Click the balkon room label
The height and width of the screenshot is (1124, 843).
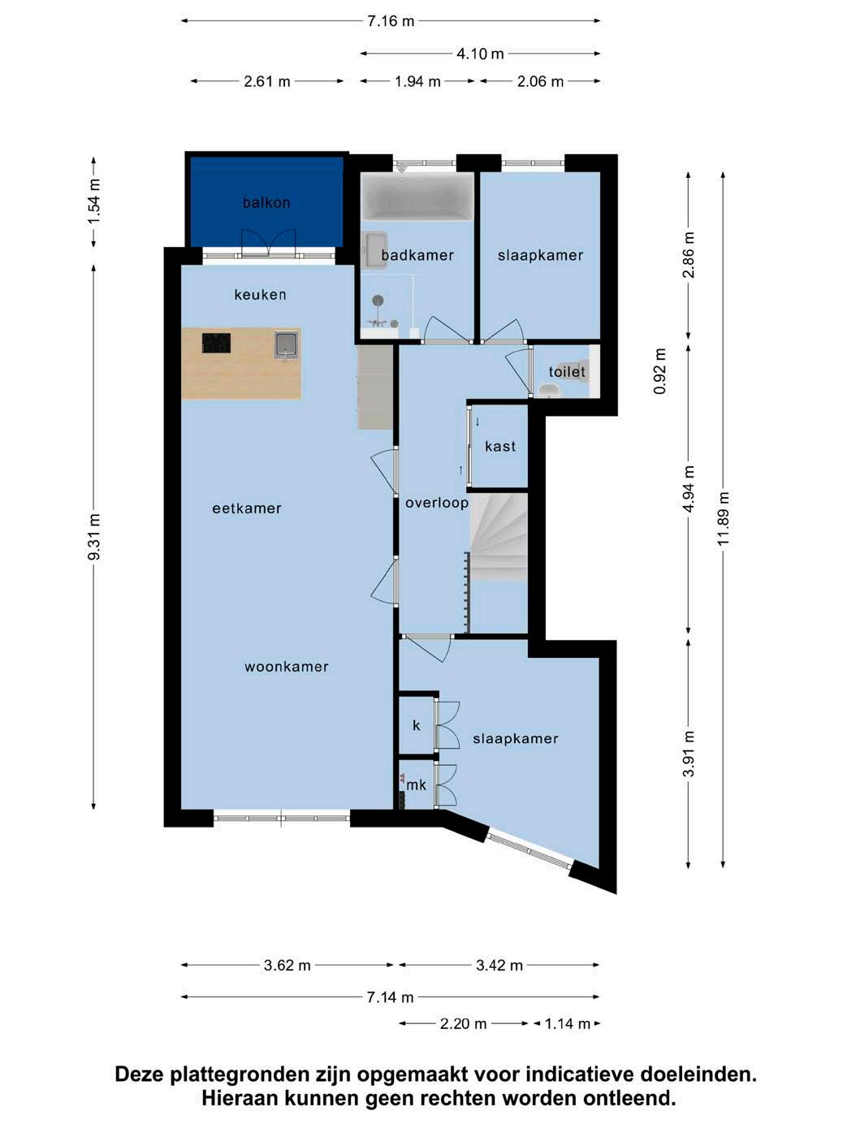(266, 203)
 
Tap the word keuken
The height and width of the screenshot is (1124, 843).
(260, 295)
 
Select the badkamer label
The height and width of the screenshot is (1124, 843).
(417, 255)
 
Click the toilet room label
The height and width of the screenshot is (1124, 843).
(567, 371)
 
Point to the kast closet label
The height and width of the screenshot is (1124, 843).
(500, 446)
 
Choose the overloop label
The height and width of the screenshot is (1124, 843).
(437, 504)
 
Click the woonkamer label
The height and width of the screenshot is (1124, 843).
(286, 667)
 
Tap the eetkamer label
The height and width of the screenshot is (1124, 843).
(247, 508)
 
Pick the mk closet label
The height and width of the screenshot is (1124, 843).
(416, 785)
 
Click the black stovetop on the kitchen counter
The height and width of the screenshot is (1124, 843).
(216, 343)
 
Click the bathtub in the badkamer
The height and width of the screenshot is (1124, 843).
(417, 197)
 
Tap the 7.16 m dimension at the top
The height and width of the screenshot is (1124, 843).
(391, 21)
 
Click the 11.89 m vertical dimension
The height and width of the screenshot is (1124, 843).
(723, 519)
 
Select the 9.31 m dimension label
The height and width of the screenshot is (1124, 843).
(93, 537)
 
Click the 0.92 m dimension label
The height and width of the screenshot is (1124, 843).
(660, 371)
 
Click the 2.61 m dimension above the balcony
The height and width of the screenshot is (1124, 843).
(266, 81)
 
